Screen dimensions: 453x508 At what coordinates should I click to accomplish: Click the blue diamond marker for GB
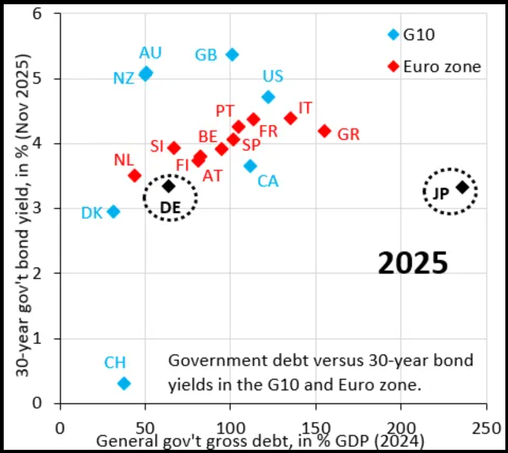point(232,54)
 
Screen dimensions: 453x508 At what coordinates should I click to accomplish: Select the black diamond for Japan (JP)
point(462,187)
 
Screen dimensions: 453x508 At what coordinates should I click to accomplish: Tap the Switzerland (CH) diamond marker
point(124,383)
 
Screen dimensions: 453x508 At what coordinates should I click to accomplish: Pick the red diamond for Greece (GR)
point(325,130)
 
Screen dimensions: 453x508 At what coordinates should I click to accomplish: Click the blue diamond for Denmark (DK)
point(113,212)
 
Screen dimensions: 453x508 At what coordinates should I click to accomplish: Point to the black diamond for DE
point(169,186)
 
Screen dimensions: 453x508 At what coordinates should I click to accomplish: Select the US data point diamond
point(268,97)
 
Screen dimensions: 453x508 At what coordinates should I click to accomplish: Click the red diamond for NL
point(135,175)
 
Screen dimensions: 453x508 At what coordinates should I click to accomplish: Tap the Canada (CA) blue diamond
point(250,165)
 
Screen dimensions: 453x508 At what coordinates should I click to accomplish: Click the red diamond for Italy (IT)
point(290,118)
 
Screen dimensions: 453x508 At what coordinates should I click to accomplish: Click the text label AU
point(151,53)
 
